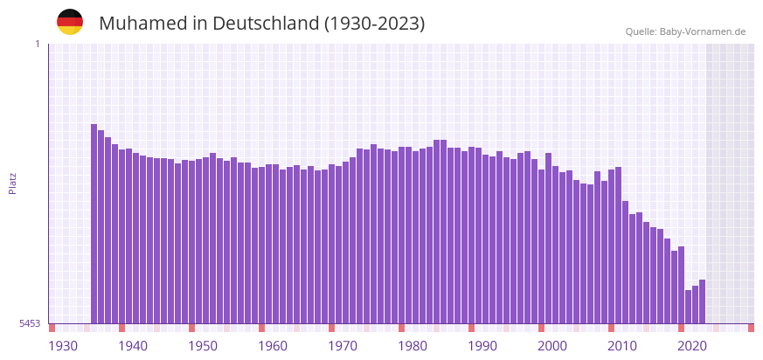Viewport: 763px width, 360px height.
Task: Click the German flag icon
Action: coord(70,22)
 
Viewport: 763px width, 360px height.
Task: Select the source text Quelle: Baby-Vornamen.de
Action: coord(685,31)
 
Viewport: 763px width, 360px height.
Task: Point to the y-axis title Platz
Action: coord(13,183)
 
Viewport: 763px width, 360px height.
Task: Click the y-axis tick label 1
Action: coord(37,44)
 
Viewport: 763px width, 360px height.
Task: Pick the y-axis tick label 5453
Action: coord(30,323)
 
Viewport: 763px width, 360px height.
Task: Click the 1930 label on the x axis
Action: coord(63,346)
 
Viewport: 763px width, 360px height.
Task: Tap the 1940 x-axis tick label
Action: coord(133,346)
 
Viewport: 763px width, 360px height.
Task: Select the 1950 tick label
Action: coord(203,346)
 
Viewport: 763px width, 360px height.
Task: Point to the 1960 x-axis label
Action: coord(273,346)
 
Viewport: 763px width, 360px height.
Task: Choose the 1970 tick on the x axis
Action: coord(343,346)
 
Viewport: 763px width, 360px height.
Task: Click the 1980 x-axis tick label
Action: coord(413,346)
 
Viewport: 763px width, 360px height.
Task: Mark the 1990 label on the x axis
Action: coord(482,346)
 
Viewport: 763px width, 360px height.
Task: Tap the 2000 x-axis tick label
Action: coord(552,346)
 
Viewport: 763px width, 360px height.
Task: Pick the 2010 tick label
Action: coord(622,346)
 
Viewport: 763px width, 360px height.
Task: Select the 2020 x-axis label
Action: coord(692,346)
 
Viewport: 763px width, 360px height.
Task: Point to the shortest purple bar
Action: coord(689,307)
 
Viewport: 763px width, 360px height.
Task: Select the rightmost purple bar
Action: coord(703,301)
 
